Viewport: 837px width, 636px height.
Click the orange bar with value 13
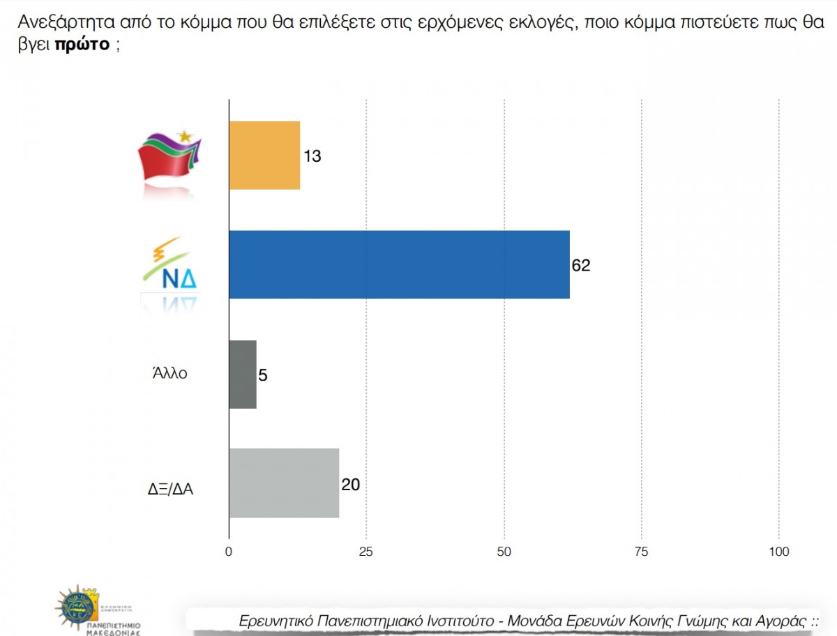click(264, 155)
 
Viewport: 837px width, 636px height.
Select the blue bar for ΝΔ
click(399, 264)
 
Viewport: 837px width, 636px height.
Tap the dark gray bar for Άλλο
click(243, 374)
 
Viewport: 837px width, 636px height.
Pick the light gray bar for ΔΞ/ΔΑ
click(284, 483)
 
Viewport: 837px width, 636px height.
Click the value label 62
click(580, 265)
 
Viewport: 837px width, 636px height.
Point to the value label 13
click(312, 156)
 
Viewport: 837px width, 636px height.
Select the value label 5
click(263, 375)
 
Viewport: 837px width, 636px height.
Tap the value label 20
click(350, 484)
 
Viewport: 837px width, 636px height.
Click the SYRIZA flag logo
click(169, 156)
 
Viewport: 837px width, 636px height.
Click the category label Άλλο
click(169, 373)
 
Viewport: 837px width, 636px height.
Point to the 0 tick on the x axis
click(229, 552)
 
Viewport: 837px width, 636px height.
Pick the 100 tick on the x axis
click(778, 552)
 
